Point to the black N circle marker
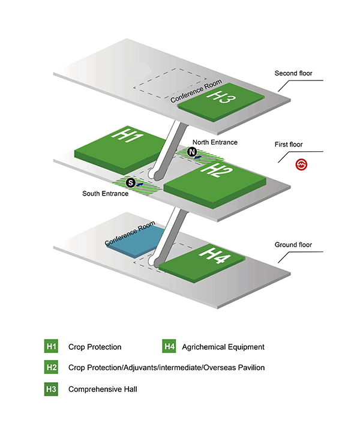pyautogui.click(x=192, y=152)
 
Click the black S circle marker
pyautogui.click(x=131, y=182)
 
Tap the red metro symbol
pyautogui.click(x=301, y=165)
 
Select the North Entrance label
pyautogui.click(x=215, y=142)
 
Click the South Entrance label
pyautogui.click(x=105, y=194)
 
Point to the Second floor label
pyautogui.click(x=293, y=73)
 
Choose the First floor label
pyautogui.click(x=289, y=145)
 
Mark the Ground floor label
pyautogui.click(x=293, y=245)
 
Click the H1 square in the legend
pyautogui.click(x=51, y=346)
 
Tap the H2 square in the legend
pyautogui.click(x=51, y=367)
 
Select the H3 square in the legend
pyautogui.click(x=51, y=389)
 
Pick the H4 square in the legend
pyautogui.click(x=169, y=346)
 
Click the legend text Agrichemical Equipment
pyautogui.click(x=223, y=347)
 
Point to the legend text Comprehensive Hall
pyautogui.click(x=103, y=389)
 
